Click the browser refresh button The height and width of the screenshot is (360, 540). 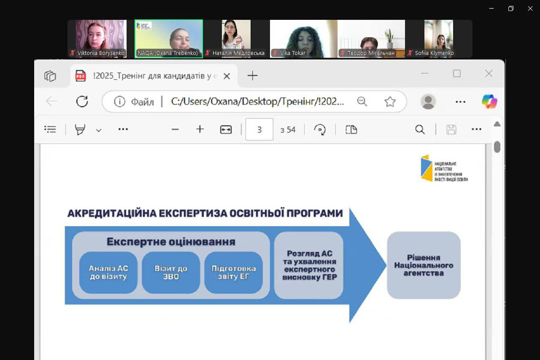click(82, 101)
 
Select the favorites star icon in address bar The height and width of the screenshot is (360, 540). click(390, 101)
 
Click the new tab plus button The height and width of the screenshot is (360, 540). click(253, 76)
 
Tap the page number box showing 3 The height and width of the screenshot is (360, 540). click(259, 130)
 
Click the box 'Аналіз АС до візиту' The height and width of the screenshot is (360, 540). click(109, 272)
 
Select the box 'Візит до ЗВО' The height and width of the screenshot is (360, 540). click(171, 272)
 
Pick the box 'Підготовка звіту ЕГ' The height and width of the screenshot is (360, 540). click(234, 272)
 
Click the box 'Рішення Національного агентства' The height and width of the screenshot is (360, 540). click(424, 265)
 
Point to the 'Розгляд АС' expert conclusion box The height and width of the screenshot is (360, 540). click(308, 265)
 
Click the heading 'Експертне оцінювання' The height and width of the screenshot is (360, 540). click(171, 242)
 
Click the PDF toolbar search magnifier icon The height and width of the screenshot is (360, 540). click(420, 130)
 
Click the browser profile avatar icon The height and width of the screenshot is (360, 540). click(428, 101)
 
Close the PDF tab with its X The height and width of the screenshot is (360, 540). click(226, 76)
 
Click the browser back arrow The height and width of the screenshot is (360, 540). click(52, 101)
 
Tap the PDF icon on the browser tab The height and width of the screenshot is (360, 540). click(80, 76)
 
